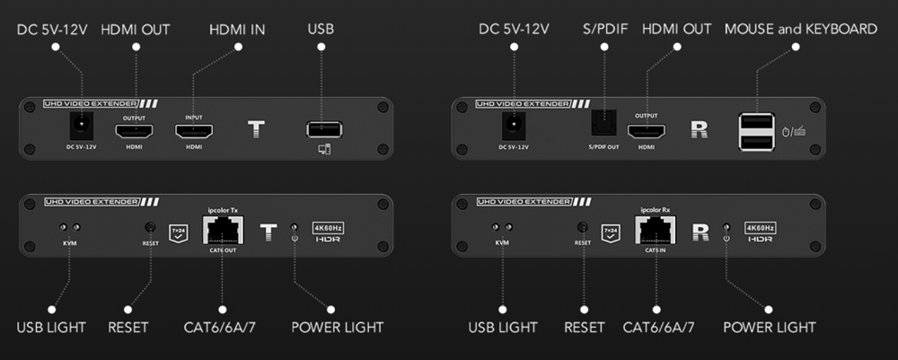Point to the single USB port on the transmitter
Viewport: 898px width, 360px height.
coord(321,130)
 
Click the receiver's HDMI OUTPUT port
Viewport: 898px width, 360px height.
coord(646,131)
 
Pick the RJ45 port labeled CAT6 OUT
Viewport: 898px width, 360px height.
coord(221,231)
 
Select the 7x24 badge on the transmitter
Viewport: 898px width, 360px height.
coord(180,233)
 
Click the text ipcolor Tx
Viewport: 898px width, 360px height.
coord(221,210)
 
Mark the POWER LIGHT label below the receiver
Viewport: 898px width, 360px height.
coord(770,328)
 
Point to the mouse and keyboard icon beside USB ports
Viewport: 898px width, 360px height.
coord(793,132)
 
